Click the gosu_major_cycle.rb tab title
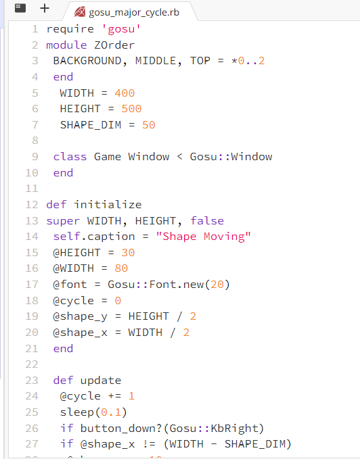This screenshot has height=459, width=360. tap(134, 13)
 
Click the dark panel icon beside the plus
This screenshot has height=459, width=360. tap(20, 8)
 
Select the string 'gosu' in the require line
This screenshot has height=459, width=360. tap(121, 29)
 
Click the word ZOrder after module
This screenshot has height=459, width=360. tap(114, 45)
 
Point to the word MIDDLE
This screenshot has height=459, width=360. tap(155, 61)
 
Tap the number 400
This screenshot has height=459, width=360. tap(125, 93)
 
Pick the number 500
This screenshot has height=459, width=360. tap(131, 109)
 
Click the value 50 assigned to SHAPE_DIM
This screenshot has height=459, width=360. tap(148, 125)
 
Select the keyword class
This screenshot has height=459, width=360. tap(70, 157)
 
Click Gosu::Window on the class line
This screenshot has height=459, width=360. tap(231, 157)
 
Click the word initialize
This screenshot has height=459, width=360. tap(108, 205)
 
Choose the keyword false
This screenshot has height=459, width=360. tap(207, 221)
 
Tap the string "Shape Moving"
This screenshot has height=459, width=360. tap(203, 237)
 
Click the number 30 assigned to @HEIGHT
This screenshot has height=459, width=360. tap(128, 253)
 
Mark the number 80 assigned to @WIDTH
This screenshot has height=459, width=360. tap(121, 268)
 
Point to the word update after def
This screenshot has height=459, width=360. tap(100, 381)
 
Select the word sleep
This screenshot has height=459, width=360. tap(76, 412)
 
